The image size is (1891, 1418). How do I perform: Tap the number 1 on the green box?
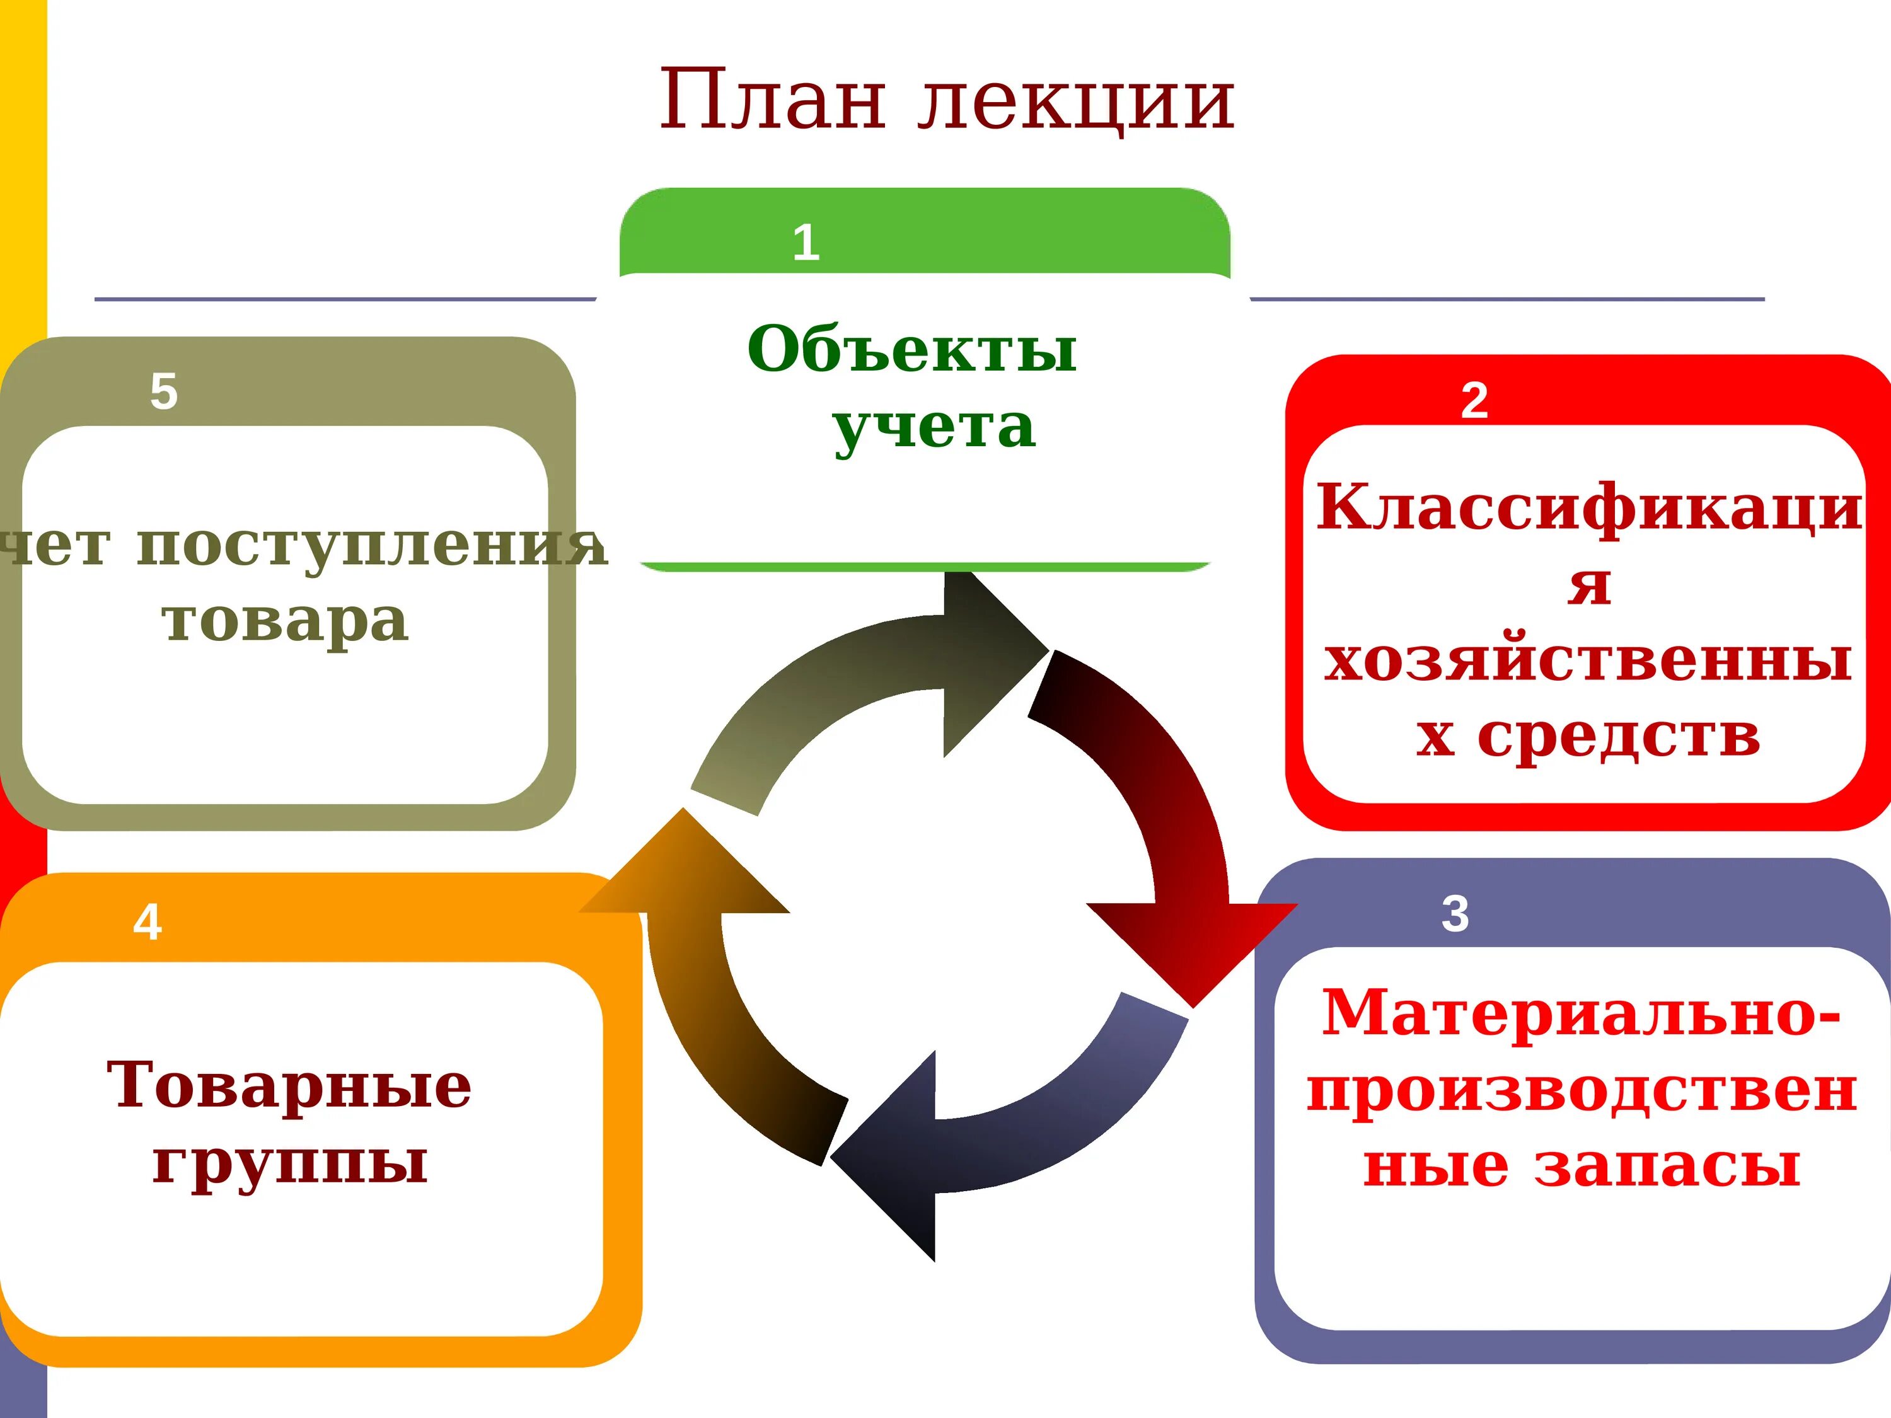[806, 243]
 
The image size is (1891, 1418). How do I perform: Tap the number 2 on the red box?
[1474, 400]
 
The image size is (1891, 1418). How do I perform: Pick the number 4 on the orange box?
[147, 922]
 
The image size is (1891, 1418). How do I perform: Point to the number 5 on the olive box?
[163, 391]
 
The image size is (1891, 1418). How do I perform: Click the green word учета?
[934, 427]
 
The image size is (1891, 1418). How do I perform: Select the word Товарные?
[289, 1085]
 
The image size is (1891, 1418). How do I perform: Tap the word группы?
[290, 1162]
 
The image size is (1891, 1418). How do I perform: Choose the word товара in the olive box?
[285, 621]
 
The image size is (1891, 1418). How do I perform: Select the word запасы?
[1667, 1166]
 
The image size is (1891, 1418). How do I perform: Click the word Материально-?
[1581, 1013]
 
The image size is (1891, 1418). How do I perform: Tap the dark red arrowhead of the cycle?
[1193, 945]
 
